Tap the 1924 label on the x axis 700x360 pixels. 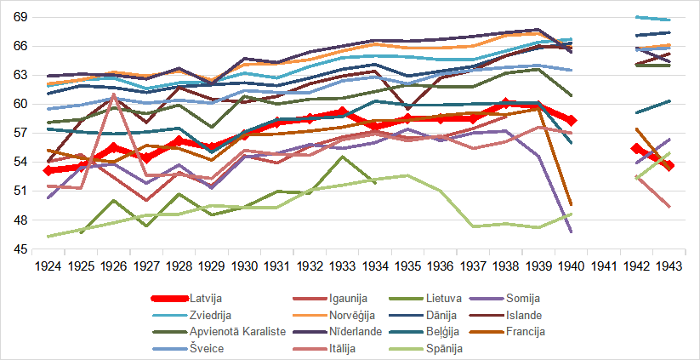[x=48, y=266]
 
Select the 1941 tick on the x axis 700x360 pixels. [x=604, y=266]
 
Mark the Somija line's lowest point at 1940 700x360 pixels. [x=571, y=231]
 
